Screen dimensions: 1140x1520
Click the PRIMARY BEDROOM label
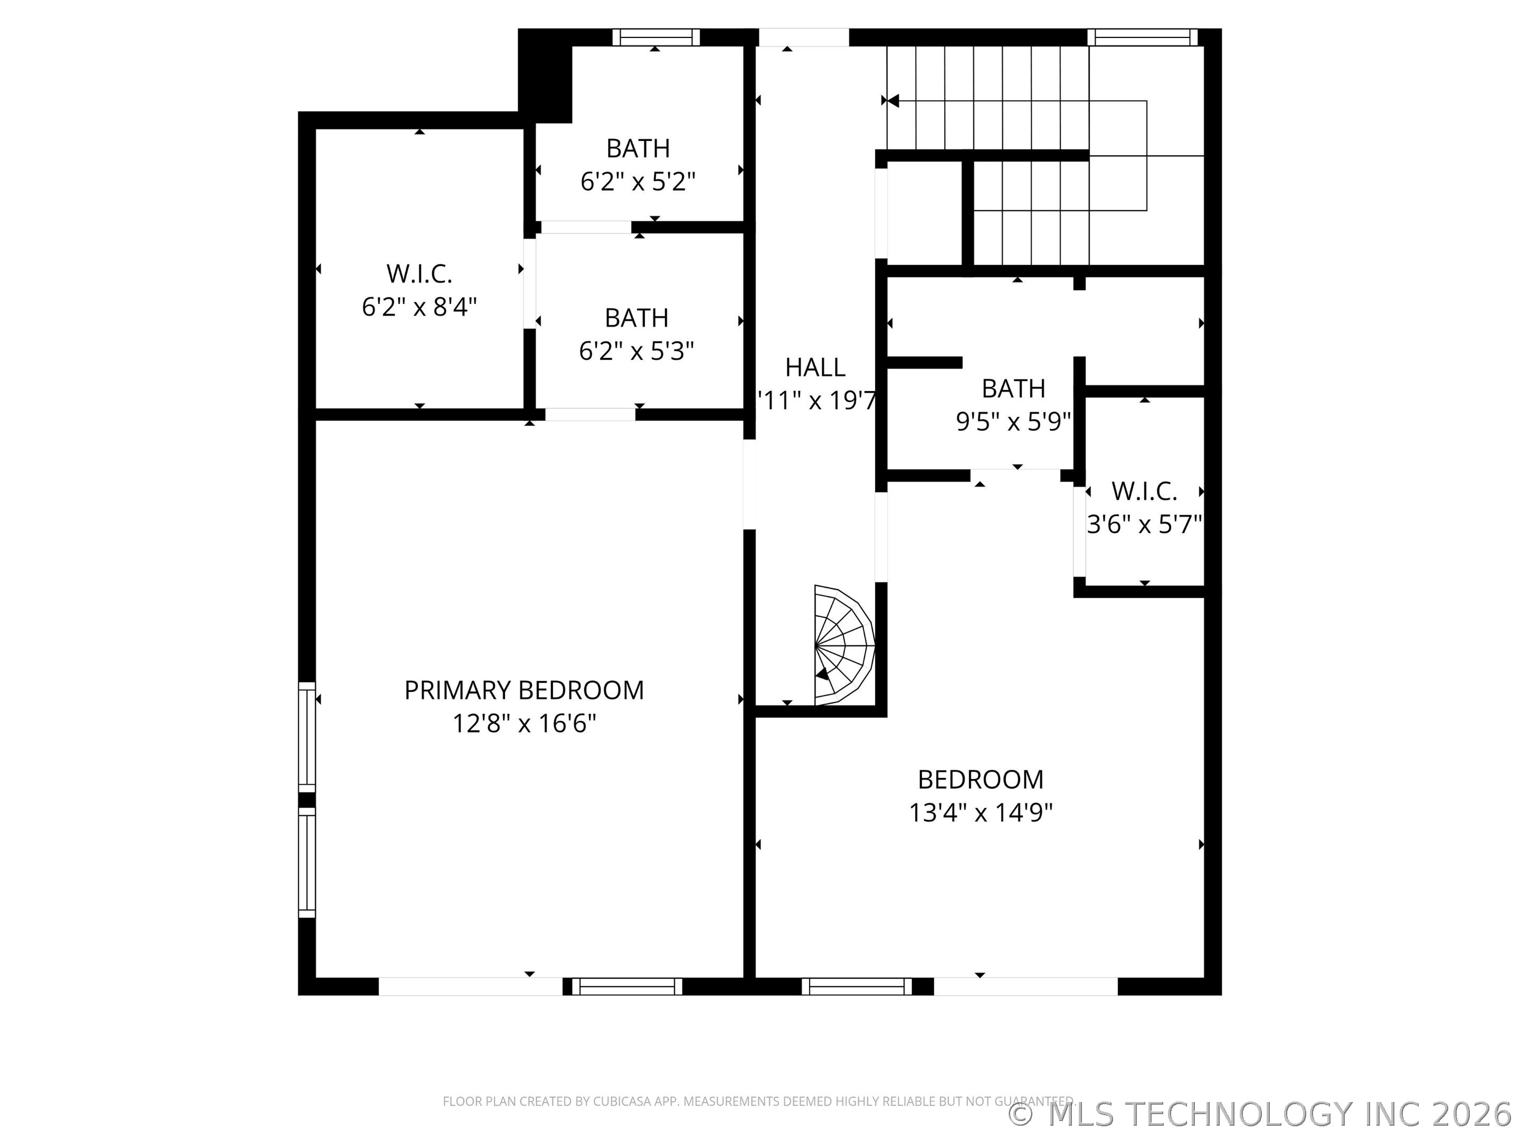tap(524, 690)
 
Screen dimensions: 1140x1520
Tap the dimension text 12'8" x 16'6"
tap(524, 724)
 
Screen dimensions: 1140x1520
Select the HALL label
tap(815, 368)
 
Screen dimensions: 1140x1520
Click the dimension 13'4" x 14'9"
tap(981, 813)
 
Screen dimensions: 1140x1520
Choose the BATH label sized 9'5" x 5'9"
tap(1013, 389)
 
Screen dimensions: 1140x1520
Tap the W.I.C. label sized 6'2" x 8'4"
tap(419, 273)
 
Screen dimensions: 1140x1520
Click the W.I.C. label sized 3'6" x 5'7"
tap(1144, 491)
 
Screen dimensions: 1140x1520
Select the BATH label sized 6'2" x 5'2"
tap(638, 148)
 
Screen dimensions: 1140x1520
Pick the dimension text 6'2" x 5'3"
tap(636, 351)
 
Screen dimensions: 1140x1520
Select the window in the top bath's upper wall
tap(655, 37)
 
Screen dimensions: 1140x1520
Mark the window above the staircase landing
tap(1142, 37)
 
